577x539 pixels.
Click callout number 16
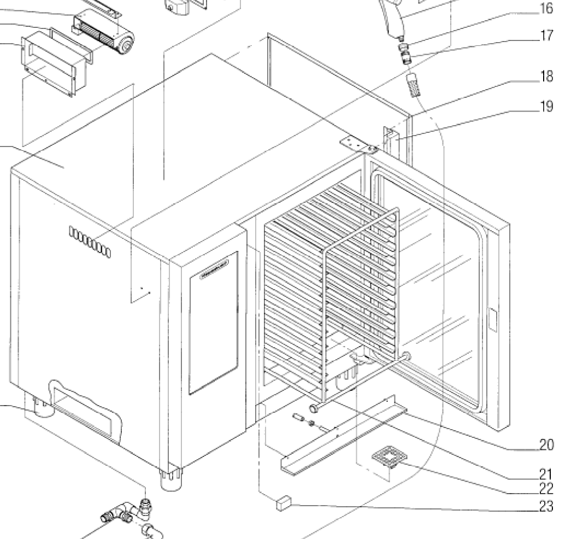coord(545,8)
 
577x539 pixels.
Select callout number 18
coord(545,76)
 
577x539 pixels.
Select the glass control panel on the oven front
coord(213,323)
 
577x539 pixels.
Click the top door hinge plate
coord(358,145)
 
